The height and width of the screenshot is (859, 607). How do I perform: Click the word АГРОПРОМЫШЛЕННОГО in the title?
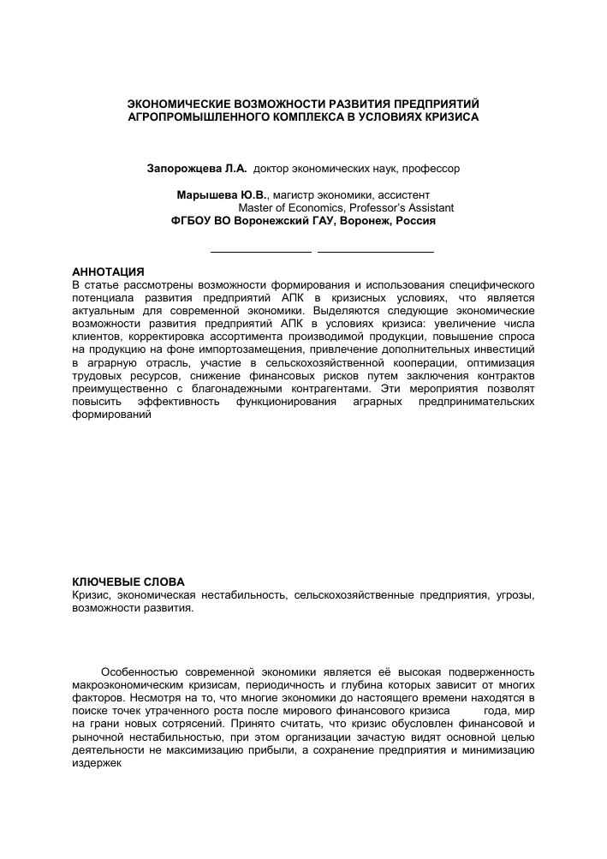pos(191,116)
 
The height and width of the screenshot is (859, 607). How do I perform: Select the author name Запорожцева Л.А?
pos(198,169)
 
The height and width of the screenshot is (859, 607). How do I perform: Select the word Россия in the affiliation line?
pos(416,220)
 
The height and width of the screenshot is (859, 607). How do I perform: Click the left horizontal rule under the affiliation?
pos(261,252)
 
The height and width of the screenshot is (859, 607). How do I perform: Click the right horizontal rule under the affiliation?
pos(376,252)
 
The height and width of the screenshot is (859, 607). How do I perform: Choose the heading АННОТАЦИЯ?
pos(109,271)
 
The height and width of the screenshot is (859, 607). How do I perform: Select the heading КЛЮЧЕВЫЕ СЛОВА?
pos(128,582)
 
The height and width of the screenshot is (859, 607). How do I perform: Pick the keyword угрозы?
pos(515,594)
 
